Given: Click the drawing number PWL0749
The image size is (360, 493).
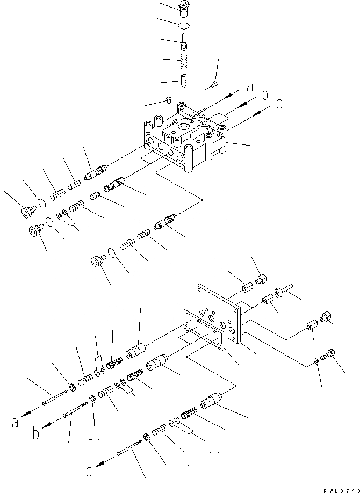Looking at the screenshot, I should coord(341,490).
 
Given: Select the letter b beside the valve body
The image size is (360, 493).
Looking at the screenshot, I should coord(264,95).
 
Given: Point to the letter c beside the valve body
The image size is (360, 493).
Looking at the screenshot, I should coord(279,104).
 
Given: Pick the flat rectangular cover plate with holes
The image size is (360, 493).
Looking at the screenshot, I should coord(219,314).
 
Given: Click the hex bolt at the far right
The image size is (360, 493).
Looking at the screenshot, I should coord(329,356).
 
